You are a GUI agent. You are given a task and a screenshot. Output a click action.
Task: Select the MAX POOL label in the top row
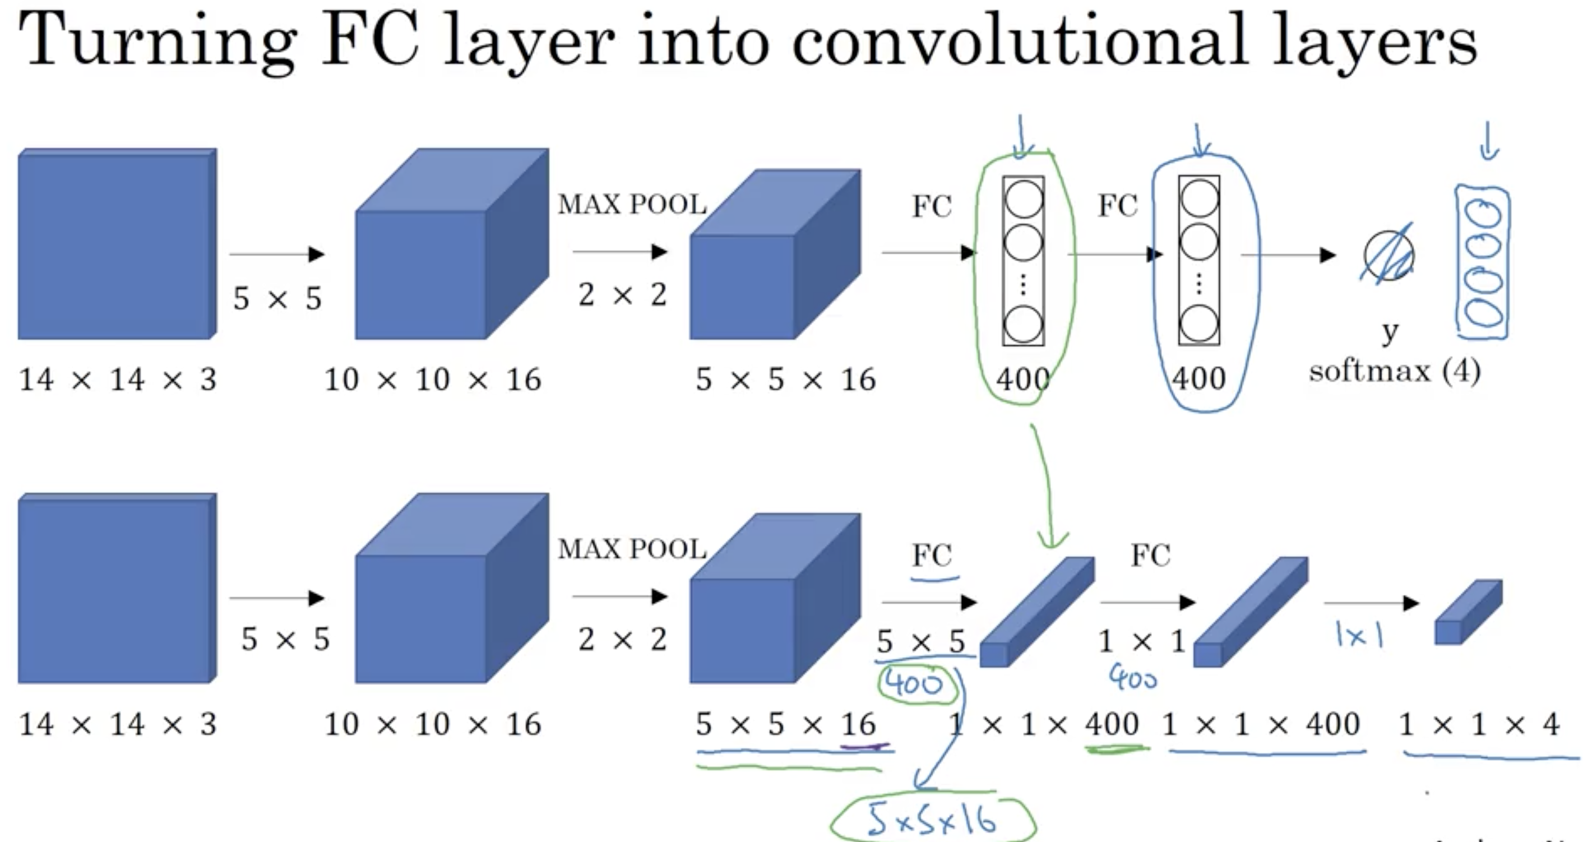[x=632, y=205]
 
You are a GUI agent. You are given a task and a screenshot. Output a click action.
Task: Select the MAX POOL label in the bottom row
[x=632, y=549]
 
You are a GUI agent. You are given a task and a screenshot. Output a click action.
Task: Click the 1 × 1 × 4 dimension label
[x=1479, y=725]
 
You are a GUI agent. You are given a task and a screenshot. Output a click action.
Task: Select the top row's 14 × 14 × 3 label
[x=118, y=379]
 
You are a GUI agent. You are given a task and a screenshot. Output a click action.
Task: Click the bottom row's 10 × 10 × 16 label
[x=432, y=725]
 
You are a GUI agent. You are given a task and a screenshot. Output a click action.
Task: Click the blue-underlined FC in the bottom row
[x=932, y=556]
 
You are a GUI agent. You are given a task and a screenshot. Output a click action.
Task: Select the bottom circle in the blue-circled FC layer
[x=1199, y=324]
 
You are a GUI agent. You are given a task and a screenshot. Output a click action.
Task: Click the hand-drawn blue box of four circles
[x=1482, y=264]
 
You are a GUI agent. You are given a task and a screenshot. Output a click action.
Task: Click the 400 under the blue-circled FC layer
[x=1199, y=378]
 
